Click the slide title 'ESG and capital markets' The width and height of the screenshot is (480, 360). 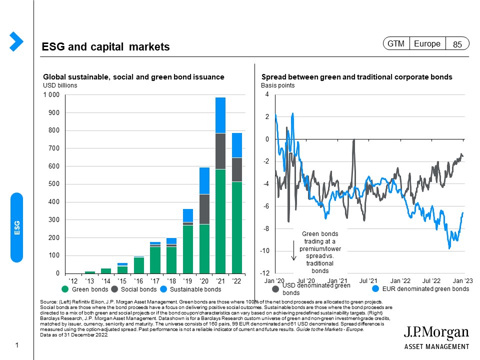point(106,47)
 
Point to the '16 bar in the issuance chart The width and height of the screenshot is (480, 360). point(139,264)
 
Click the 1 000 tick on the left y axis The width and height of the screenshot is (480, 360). point(51,95)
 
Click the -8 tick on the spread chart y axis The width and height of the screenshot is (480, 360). point(267,229)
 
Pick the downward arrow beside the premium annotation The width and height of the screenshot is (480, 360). point(294,251)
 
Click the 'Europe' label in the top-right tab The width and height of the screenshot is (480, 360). point(427,44)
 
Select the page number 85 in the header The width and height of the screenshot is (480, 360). point(457,44)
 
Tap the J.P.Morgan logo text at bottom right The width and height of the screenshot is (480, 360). point(436,333)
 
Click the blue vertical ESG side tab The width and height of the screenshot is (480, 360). point(17,227)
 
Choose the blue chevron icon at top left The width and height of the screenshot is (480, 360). point(16,41)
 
